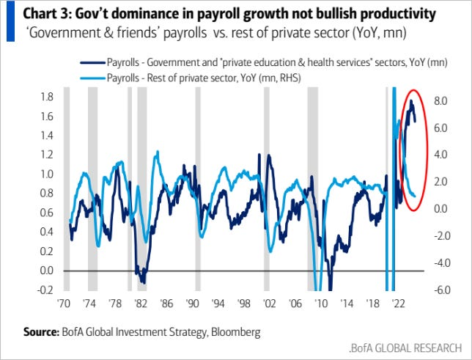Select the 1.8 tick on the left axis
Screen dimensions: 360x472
coord(48,97)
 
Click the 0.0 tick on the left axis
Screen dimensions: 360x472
coord(48,271)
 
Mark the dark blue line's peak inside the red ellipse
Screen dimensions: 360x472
coord(411,101)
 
